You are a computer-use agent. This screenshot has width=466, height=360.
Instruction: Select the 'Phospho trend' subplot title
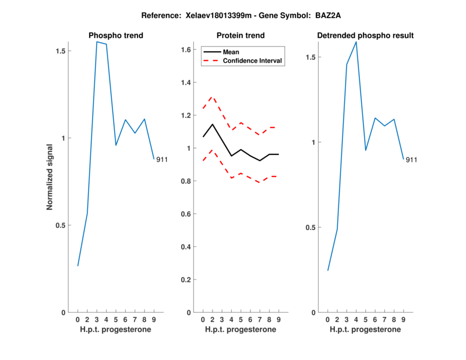pos(115,36)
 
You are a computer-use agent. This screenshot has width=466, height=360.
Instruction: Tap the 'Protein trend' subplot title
pos(241,36)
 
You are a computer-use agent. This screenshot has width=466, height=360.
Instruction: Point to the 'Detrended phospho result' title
pos(365,36)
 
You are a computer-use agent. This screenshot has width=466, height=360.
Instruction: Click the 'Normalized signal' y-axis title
pos(50,178)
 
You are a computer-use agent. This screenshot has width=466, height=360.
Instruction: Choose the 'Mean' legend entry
pos(231,52)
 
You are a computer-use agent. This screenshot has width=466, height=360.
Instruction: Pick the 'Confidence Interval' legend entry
pos(253,61)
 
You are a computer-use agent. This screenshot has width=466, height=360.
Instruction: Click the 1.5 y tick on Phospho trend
pos(60,51)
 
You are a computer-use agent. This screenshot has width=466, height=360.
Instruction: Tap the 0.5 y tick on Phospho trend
pos(60,225)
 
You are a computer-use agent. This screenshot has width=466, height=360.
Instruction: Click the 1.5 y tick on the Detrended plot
pos(310,57)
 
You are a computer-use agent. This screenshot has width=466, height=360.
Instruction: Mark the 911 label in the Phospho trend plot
pos(162,160)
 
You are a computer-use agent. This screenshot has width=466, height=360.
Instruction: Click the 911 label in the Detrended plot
pos(412,160)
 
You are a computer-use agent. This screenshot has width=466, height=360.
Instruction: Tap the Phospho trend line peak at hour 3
pos(97,42)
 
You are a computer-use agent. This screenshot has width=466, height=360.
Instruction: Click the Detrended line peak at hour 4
pos(356,42)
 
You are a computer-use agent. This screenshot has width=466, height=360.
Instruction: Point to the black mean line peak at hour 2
pos(213,124)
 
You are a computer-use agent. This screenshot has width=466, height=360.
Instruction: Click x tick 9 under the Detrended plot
pos(403,319)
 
